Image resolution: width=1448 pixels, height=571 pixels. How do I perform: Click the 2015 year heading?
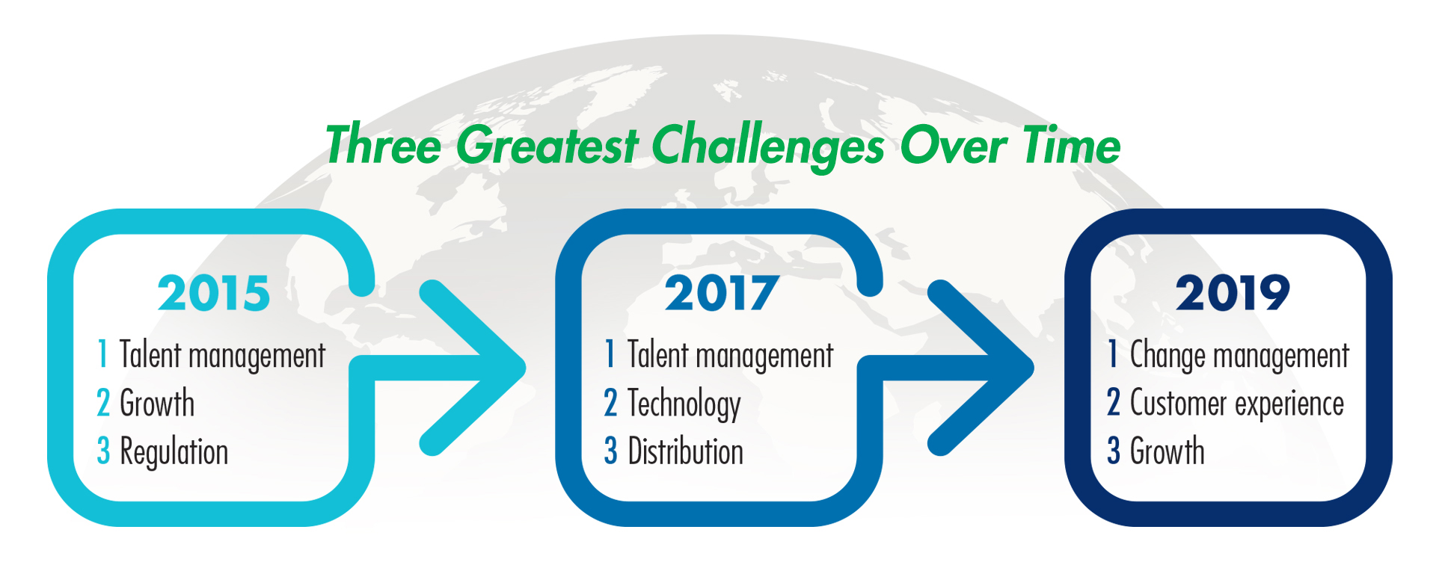tap(214, 293)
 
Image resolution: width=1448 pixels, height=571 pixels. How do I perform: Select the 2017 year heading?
tap(722, 293)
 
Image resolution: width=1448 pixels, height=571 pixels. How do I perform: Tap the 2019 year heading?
tap(1233, 293)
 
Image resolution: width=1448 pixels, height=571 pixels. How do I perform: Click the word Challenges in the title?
tap(769, 146)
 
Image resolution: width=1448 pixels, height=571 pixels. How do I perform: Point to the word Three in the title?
tap(384, 144)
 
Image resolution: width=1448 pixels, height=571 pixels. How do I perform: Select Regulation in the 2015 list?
tap(174, 452)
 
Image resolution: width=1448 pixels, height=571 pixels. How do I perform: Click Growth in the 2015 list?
tap(157, 404)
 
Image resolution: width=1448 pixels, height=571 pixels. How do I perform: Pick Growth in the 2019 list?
tap(1168, 451)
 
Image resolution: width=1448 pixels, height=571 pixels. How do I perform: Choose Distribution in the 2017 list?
tap(686, 451)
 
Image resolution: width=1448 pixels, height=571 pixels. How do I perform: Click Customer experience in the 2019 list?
tap(1237, 404)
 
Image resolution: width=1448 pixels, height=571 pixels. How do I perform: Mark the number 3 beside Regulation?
tap(103, 451)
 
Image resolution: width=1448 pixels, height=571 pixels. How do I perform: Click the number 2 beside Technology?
tap(610, 404)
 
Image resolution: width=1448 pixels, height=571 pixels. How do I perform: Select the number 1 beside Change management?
tap(1114, 355)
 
